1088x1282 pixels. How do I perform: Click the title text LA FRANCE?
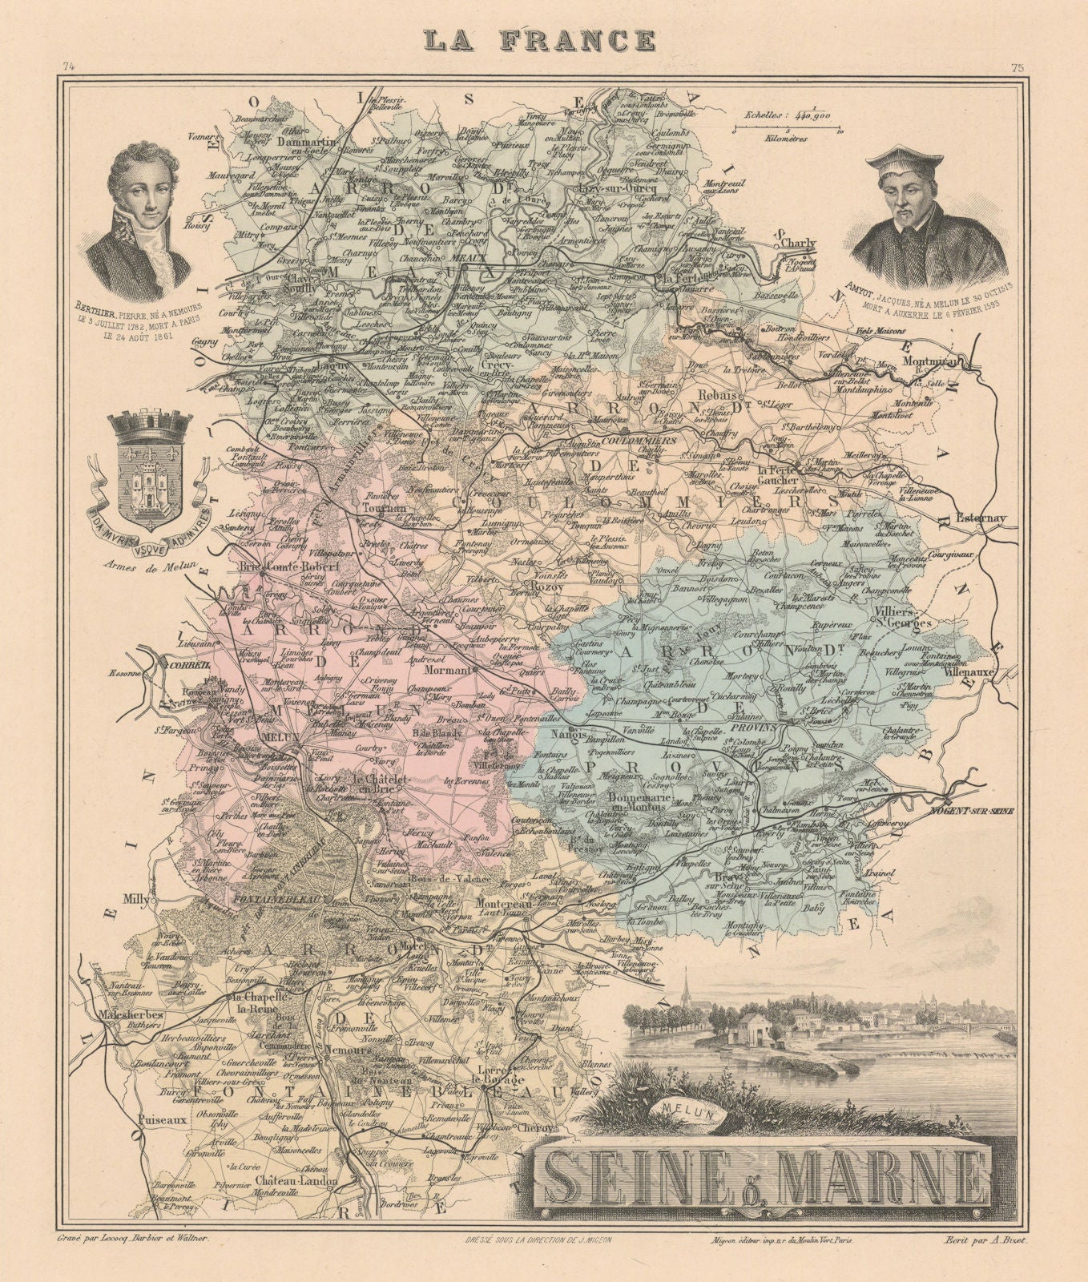click(x=541, y=40)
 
